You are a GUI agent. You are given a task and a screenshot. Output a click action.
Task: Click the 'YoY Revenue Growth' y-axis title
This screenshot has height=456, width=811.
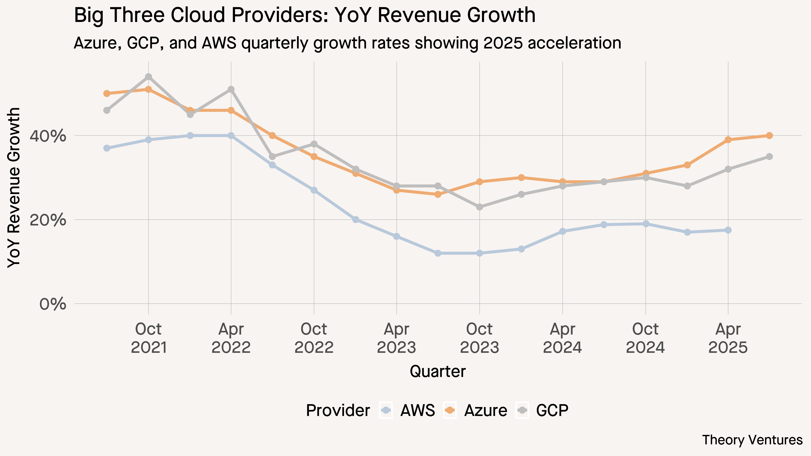pyautogui.click(x=14, y=188)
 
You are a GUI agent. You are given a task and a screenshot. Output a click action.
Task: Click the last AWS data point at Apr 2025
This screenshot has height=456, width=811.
pyautogui.click(x=728, y=230)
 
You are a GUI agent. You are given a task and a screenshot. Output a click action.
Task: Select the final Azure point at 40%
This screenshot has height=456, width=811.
pyautogui.click(x=769, y=136)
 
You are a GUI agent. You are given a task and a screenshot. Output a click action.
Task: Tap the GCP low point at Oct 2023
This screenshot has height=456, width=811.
pyautogui.click(x=480, y=207)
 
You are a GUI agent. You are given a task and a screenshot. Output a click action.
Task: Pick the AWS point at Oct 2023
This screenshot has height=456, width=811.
pyautogui.click(x=480, y=253)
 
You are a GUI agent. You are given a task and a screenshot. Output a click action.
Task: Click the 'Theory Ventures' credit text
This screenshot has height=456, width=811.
pyautogui.click(x=752, y=440)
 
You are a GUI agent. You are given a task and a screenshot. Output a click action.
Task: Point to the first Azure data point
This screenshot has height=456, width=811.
pyautogui.click(x=107, y=93)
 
